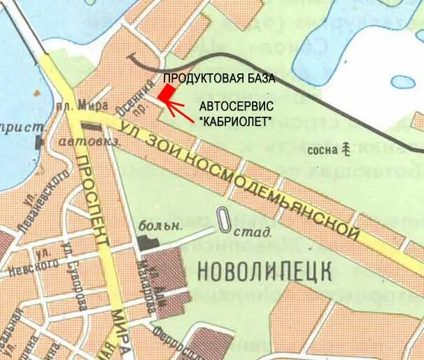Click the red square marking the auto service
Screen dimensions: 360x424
tap(166, 92)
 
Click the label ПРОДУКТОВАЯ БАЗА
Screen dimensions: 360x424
tap(219, 78)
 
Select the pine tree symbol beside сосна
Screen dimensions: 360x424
tap(346, 148)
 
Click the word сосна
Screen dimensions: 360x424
tap(321, 150)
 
